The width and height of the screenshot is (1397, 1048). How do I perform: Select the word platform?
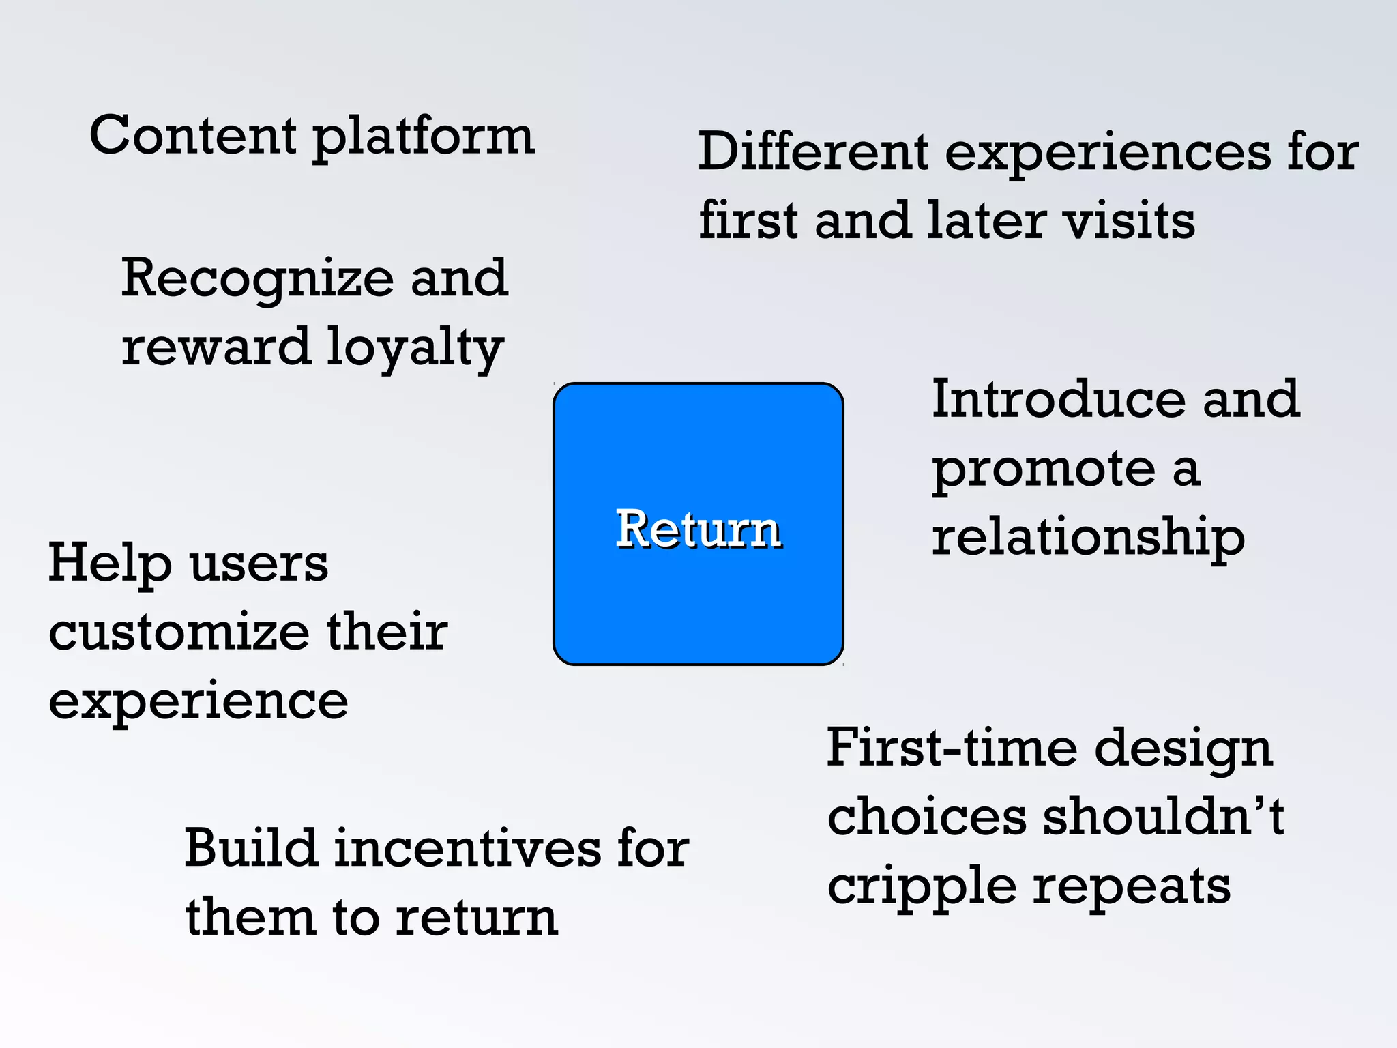pos(424,139)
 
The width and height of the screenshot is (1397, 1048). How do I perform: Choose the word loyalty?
pos(415,349)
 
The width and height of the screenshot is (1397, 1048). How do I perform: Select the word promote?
pos(1044,471)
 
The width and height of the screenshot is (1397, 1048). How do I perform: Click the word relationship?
pos(1088,538)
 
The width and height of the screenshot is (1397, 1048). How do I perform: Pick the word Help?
pos(109,564)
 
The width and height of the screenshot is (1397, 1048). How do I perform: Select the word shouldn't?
pos(1163,817)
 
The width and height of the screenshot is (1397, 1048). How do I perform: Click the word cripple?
pos(922,887)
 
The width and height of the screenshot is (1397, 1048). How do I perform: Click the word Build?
pos(250,848)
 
